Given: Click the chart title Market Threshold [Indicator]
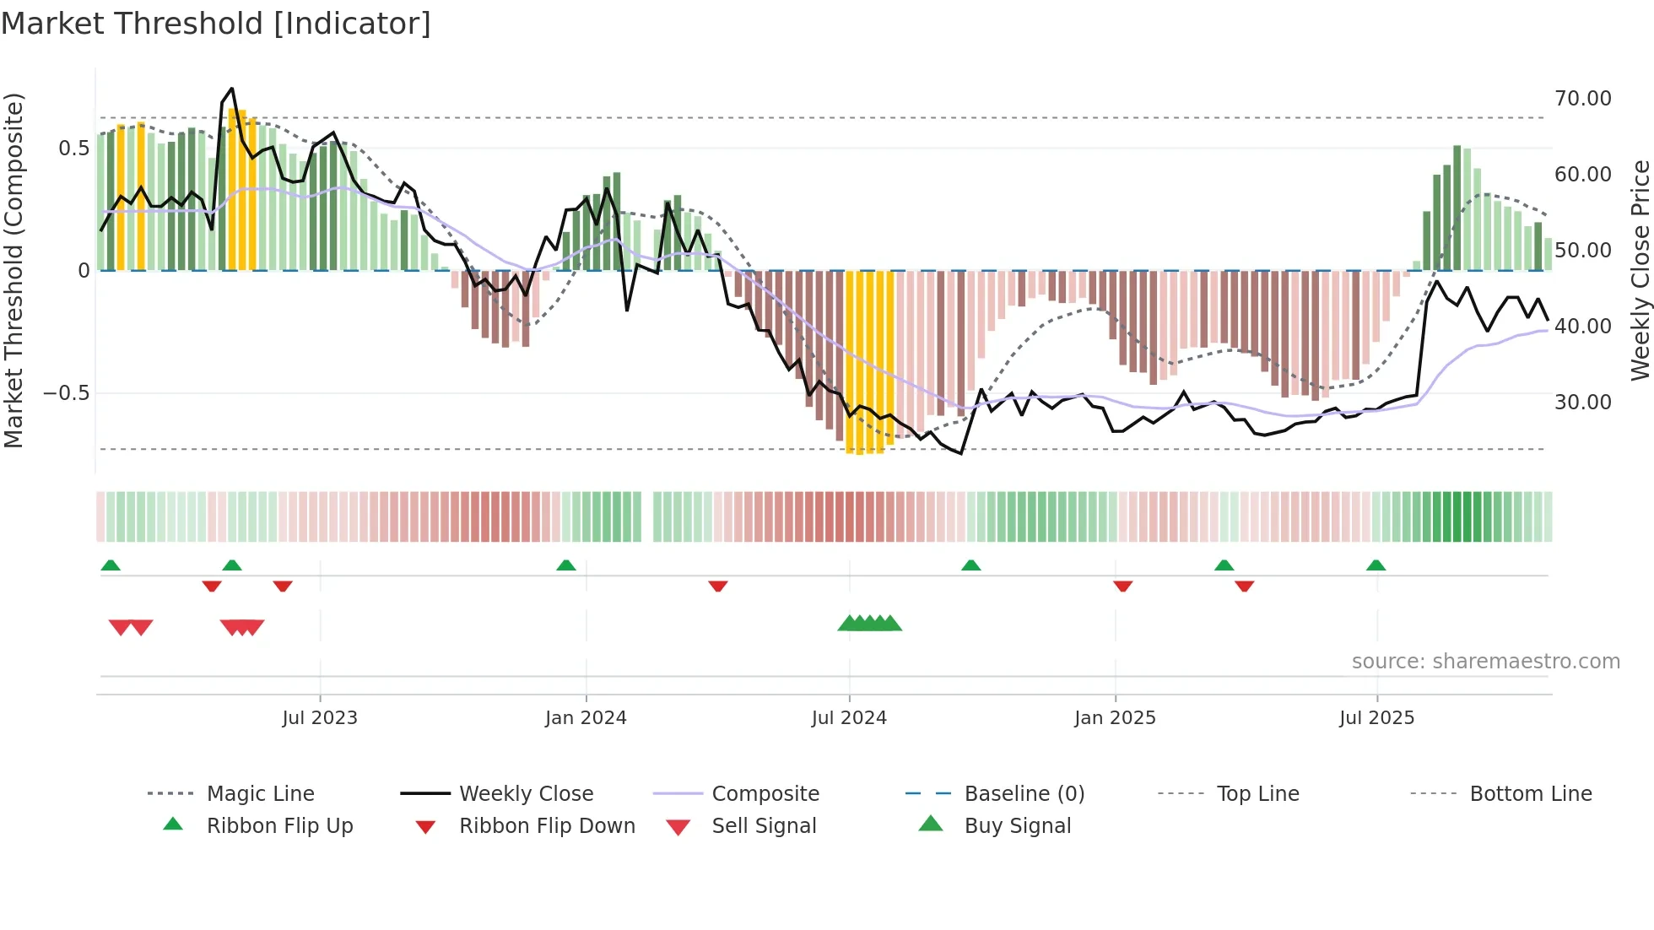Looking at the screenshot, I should point(216,24).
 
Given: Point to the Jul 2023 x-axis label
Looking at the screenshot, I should point(320,717).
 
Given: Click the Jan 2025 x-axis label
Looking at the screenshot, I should point(1115,717).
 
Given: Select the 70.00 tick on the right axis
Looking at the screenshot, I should point(1583,99).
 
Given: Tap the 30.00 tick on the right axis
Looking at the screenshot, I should point(1583,403).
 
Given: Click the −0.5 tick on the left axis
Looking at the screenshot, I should point(67,393).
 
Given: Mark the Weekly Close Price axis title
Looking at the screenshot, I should point(1640,270).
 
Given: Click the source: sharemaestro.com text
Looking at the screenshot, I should point(1485,661).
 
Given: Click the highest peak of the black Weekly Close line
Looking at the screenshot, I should point(232,88).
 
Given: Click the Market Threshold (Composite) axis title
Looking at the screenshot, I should point(14,270).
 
